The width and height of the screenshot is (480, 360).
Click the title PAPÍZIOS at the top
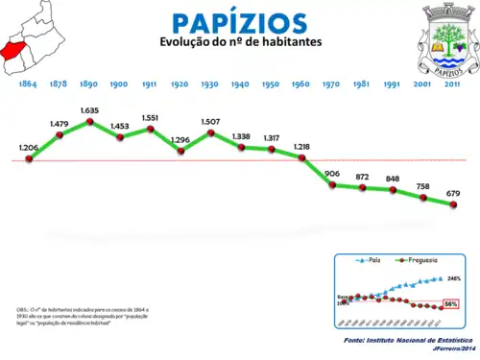[x=240, y=23]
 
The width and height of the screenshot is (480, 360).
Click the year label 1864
[x=28, y=84]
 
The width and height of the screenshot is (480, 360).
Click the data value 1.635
[x=89, y=111]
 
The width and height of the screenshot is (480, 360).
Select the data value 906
[x=332, y=173]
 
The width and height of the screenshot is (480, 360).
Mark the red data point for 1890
[x=90, y=122]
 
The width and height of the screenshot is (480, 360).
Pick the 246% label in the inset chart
[x=454, y=278]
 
